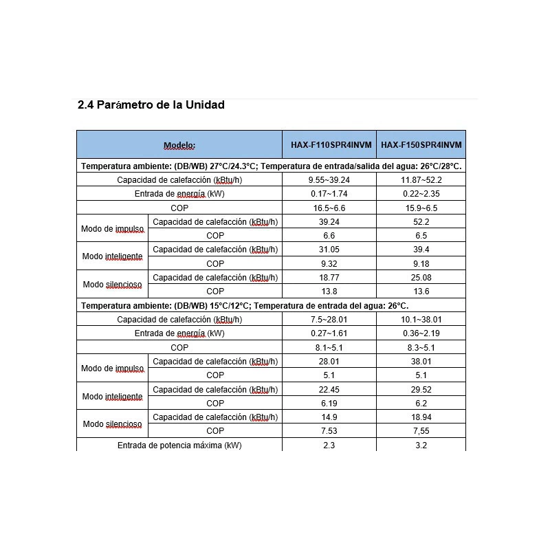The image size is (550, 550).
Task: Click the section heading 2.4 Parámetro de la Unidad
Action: click(151, 105)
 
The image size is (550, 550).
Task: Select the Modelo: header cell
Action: click(179, 145)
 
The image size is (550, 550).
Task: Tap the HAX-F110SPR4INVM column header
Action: click(329, 145)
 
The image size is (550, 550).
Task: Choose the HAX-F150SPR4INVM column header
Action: click(421, 145)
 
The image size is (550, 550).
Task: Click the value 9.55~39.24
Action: click(329, 180)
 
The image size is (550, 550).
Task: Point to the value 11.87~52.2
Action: click(421, 180)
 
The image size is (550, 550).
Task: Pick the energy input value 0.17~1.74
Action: click(329, 194)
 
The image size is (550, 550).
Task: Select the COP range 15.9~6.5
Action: click(421, 208)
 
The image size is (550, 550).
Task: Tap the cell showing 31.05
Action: click(329, 250)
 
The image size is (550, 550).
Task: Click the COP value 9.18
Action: click(421, 263)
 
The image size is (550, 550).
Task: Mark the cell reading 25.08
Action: click(421, 278)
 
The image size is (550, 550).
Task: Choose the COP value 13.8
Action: click(329, 291)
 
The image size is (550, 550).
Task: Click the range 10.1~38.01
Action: click(421, 320)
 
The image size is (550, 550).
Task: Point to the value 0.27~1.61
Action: click(329, 333)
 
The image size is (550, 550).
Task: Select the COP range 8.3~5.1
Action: click(421, 348)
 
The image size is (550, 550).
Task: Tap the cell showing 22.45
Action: click(329, 390)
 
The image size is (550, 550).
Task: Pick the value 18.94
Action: click(421, 417)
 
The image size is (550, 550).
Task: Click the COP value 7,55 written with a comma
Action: click(421, 431)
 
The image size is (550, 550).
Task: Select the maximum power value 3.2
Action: click(421, 445)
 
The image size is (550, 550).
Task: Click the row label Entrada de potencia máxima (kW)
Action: click(179, 445)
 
